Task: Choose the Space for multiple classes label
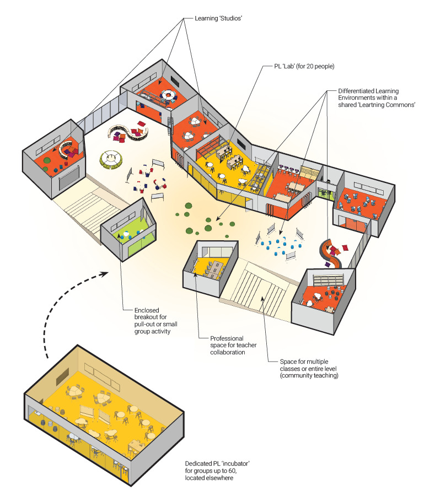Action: click(309, 368)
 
